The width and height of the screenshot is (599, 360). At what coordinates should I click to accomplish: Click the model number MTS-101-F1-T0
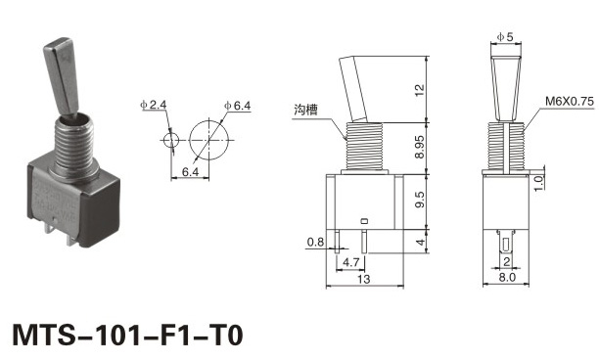[x=127, y=335]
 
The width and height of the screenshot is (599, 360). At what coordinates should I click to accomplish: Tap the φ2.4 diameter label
[x=154, y=105]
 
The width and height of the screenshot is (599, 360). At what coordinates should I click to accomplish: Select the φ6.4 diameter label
[x=237, y=106]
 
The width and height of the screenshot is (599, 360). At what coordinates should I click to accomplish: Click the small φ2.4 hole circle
[x=171, y=140]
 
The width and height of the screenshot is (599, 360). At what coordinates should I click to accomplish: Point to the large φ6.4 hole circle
[x=208, y=140]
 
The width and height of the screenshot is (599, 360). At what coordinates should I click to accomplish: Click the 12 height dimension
[x=420, y=90]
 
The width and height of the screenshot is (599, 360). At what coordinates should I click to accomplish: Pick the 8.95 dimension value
[x=420, y=147]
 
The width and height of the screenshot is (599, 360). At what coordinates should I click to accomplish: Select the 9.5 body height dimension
[x=420, y=200]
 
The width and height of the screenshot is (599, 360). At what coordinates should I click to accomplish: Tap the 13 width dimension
[x=364, y=279]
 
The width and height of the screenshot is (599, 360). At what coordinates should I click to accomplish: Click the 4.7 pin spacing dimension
[x=350, y=262]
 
